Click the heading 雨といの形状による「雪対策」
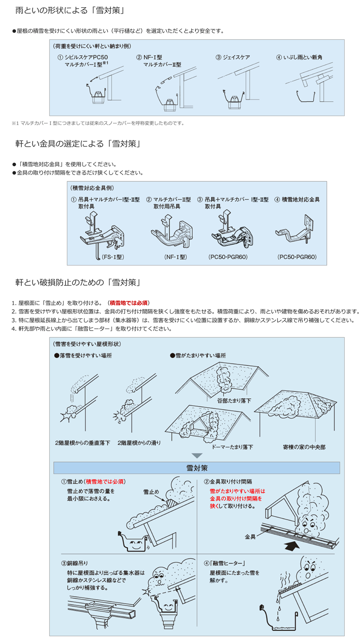pos(70,9)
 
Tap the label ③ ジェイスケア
pos(233,57)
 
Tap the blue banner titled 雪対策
pos(197,468)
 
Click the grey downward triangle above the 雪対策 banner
pos(197,456)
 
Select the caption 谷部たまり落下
pos(234,400)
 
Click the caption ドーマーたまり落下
pos(232,447)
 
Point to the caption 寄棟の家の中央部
pos(304,447)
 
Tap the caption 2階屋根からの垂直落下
pos(82,443)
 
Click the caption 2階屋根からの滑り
pos(139,443)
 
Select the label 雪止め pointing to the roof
pos(151,491)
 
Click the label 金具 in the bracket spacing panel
pos(250,537)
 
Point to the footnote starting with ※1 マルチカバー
pos(98,123)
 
